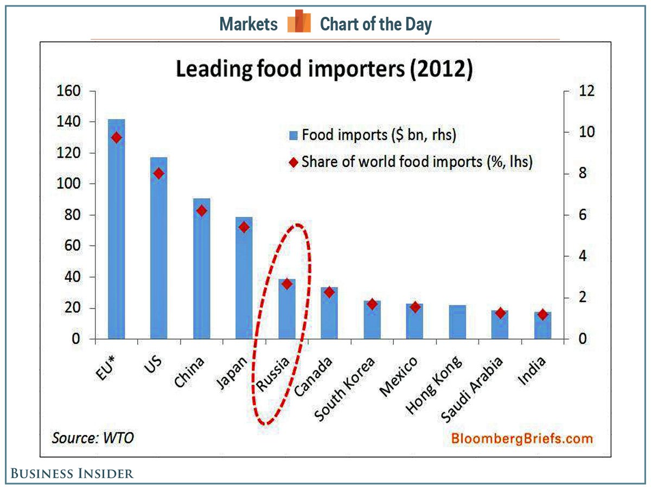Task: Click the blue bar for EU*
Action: [116, 228]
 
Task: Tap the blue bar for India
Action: [542, 325]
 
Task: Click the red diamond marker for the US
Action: [158, 173]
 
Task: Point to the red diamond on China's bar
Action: [201, 211]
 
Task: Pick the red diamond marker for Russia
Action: [287, 284]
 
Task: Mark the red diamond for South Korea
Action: [372, 304]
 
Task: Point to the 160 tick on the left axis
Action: [68, 91]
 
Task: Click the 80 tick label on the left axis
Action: [73, 215]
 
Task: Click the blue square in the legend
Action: [293, 135]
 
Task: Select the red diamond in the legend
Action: [293, 162]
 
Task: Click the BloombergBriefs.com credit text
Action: [520, 438]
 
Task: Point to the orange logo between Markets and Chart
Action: [299, 22]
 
